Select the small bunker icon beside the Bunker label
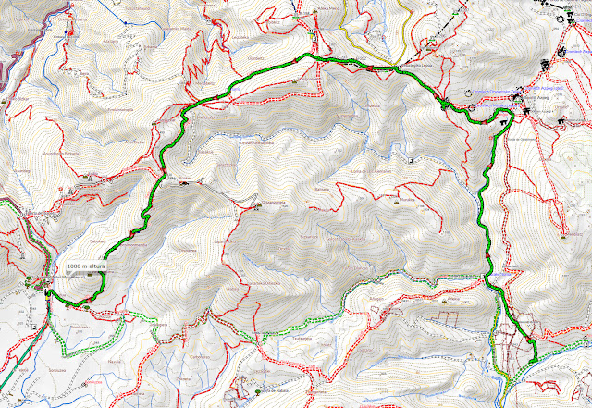pyautogui.click(x=185, y=182)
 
